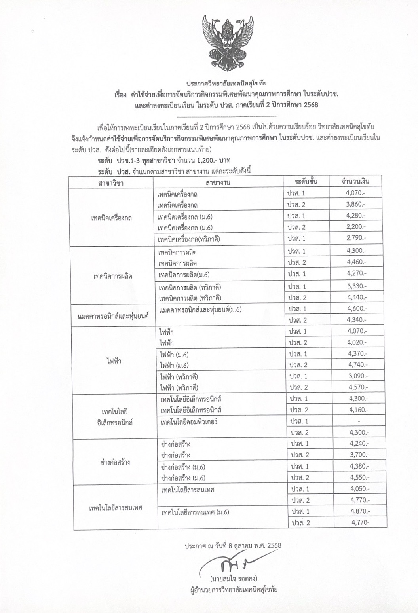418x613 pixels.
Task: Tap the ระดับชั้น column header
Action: click(x=306, y=182)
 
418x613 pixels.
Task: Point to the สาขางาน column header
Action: click(x=218, y=182)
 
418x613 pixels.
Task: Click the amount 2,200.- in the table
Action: click(x=356, y=227)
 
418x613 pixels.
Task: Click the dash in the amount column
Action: click(x=358, y=421)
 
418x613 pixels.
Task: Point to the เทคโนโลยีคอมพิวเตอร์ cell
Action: click(x=190, y=421)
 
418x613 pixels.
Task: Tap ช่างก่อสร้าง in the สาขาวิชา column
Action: click(x=116, y=462)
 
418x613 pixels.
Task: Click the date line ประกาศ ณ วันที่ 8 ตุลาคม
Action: click(x=233, y=545)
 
